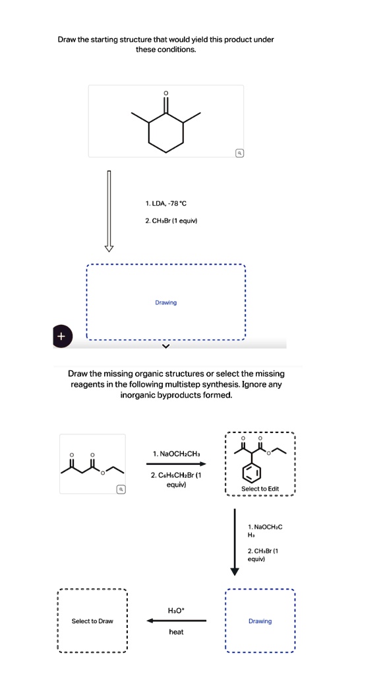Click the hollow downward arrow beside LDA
tap(109, 211)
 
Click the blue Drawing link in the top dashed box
tap(166, 303)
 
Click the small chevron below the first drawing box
tap(165, 345)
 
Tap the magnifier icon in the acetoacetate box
tap(120, 489)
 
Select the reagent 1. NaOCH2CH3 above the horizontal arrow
tap(175, 454)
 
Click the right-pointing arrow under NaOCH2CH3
tap(175, 463)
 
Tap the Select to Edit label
tap(260, 489)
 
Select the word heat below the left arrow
tap(176, 632)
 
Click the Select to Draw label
tap(92, 621)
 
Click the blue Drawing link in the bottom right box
tap(260, 621)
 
